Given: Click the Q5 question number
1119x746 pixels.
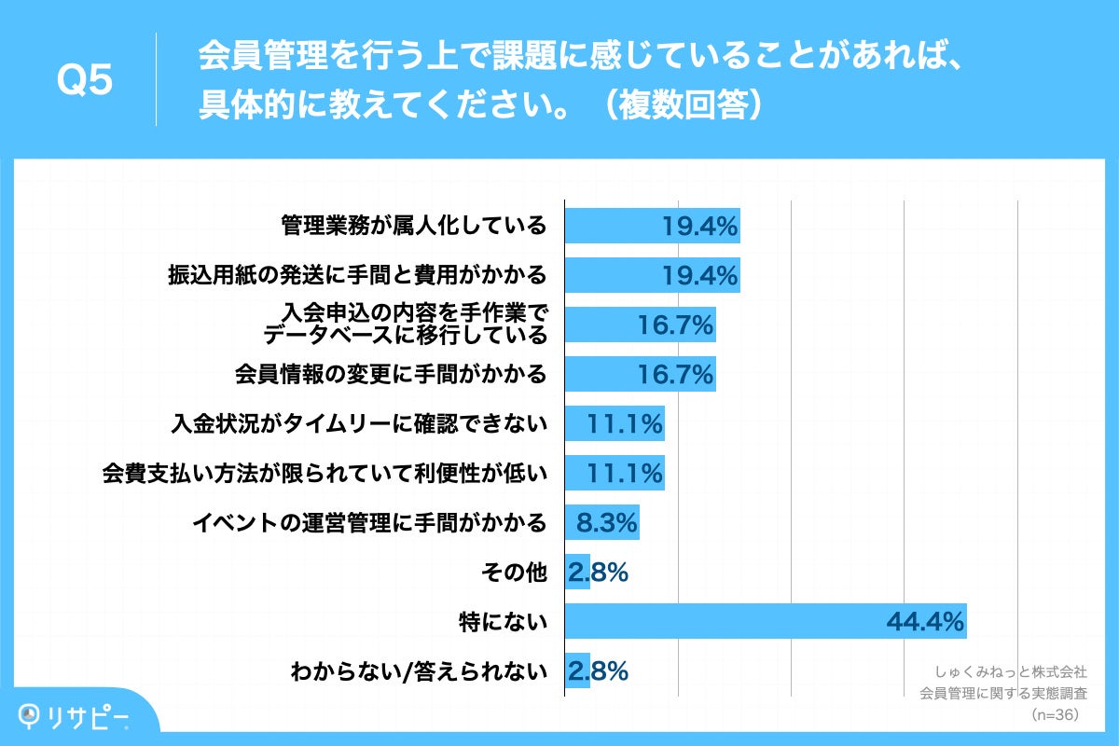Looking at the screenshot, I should click(85, 82).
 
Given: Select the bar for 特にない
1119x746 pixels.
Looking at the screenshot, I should click(765, 621).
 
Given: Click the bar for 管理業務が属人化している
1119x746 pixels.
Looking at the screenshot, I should click(652, 226).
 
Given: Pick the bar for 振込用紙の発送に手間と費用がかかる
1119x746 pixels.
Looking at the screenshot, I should click(652, 275).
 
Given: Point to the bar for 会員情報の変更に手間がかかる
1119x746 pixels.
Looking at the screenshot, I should click(640, 374).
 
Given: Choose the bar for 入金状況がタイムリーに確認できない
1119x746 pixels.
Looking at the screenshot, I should click(615, 423).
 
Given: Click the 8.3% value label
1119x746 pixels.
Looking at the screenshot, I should click(606, 522).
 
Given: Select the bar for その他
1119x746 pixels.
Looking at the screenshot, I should click(577, 572).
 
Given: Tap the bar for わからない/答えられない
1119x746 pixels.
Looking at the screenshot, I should click(577, 670).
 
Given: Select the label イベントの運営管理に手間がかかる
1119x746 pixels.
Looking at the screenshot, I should click(369, 522).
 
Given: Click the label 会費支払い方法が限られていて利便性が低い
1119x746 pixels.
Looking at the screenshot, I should click(324, 473).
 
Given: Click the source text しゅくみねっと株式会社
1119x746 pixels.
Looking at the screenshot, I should click(1010, 671).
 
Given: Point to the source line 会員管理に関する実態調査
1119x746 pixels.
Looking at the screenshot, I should click(1003, 693).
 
